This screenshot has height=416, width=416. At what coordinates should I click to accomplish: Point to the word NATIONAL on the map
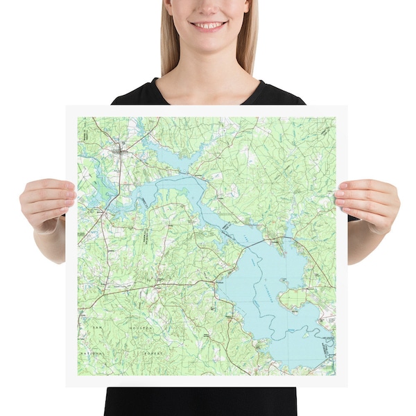(x=91, y=353)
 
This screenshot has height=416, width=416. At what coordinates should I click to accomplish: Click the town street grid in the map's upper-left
(x=119, y=148)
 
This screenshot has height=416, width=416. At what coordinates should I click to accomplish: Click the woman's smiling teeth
(x=209, y=26)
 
